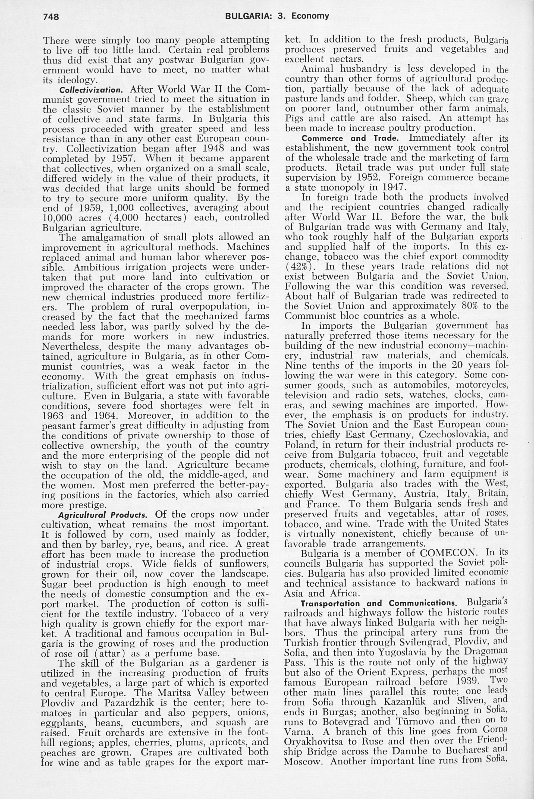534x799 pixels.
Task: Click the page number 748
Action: [51, 16]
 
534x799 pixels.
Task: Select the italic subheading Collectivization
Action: [91, 90]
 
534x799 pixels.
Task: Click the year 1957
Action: [122, 159]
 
